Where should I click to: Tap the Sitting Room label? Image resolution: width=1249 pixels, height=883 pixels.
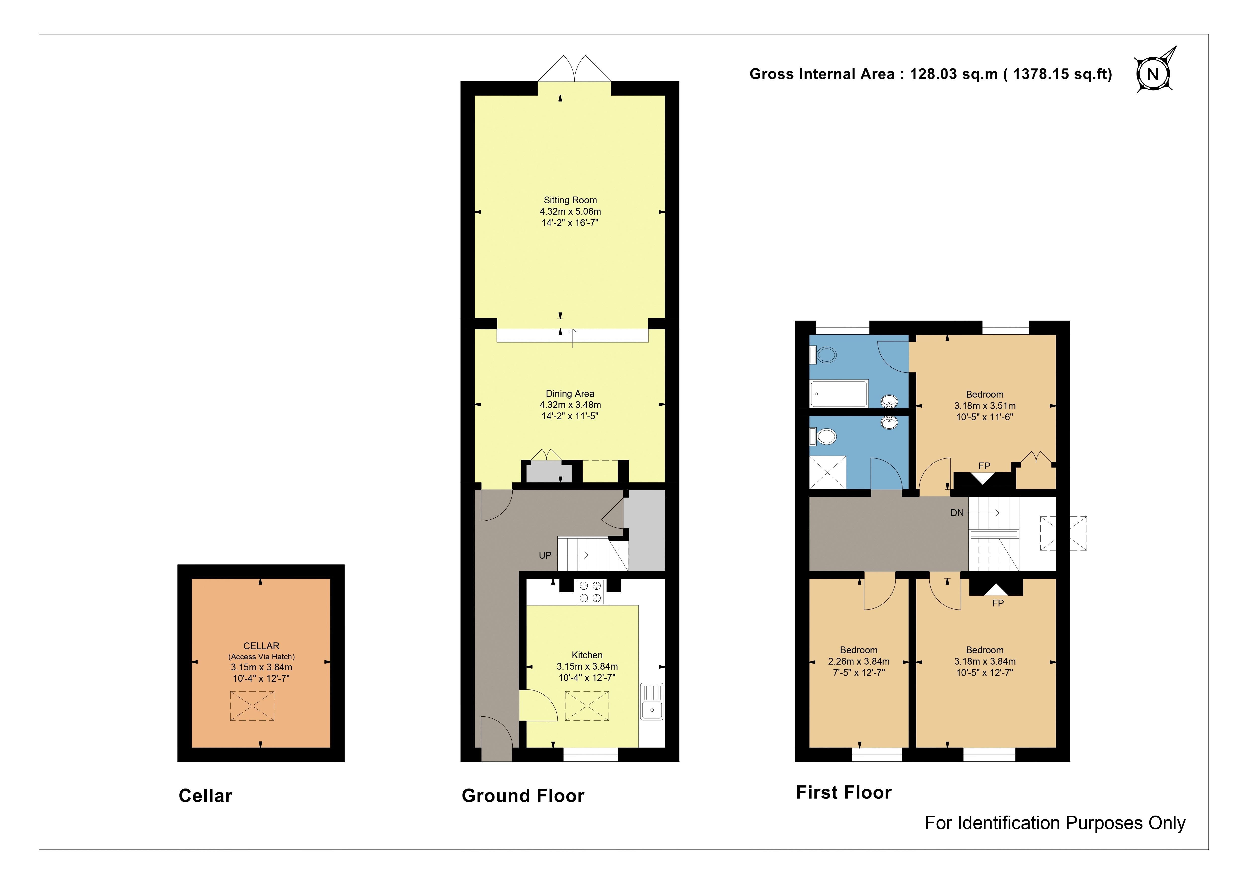570,200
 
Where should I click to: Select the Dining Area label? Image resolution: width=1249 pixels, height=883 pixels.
570,393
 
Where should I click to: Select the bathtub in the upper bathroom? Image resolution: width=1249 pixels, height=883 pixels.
839,394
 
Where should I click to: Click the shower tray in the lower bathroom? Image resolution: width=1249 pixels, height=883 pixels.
828,472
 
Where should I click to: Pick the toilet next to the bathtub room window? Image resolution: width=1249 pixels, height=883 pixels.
824,355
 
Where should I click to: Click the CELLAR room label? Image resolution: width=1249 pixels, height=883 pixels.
261,646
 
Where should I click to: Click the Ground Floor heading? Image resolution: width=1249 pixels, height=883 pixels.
523,796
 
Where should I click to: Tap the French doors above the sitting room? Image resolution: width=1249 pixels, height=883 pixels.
575,68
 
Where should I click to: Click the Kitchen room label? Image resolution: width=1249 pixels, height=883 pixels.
587,655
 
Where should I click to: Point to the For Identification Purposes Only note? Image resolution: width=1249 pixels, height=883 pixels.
1055,823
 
